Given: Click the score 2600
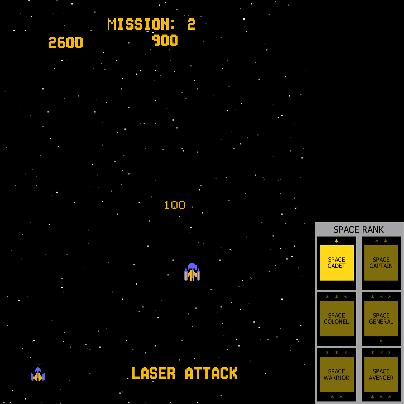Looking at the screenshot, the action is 66,43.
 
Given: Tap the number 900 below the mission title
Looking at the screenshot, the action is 165,40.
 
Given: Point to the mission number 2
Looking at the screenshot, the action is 191,24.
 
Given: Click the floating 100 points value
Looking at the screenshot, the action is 175,205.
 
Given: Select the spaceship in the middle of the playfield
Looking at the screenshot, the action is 192,272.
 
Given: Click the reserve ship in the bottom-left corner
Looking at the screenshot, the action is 38,374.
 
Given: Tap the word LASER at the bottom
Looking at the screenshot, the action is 153,373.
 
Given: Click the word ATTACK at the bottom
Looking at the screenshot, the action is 211,373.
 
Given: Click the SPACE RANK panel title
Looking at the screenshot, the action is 358,229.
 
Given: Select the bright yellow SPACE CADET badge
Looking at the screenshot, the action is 337,263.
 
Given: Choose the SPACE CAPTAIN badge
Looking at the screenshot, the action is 381,263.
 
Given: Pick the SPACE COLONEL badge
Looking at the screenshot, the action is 337,319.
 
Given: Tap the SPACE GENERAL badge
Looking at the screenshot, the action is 381,319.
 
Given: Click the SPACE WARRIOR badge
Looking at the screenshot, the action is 337,375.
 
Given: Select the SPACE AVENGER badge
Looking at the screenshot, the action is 381,375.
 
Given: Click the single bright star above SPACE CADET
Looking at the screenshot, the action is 336,241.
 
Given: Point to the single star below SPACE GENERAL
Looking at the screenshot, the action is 381,341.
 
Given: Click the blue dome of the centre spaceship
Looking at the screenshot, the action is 192,266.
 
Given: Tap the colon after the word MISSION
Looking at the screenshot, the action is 173,24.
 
